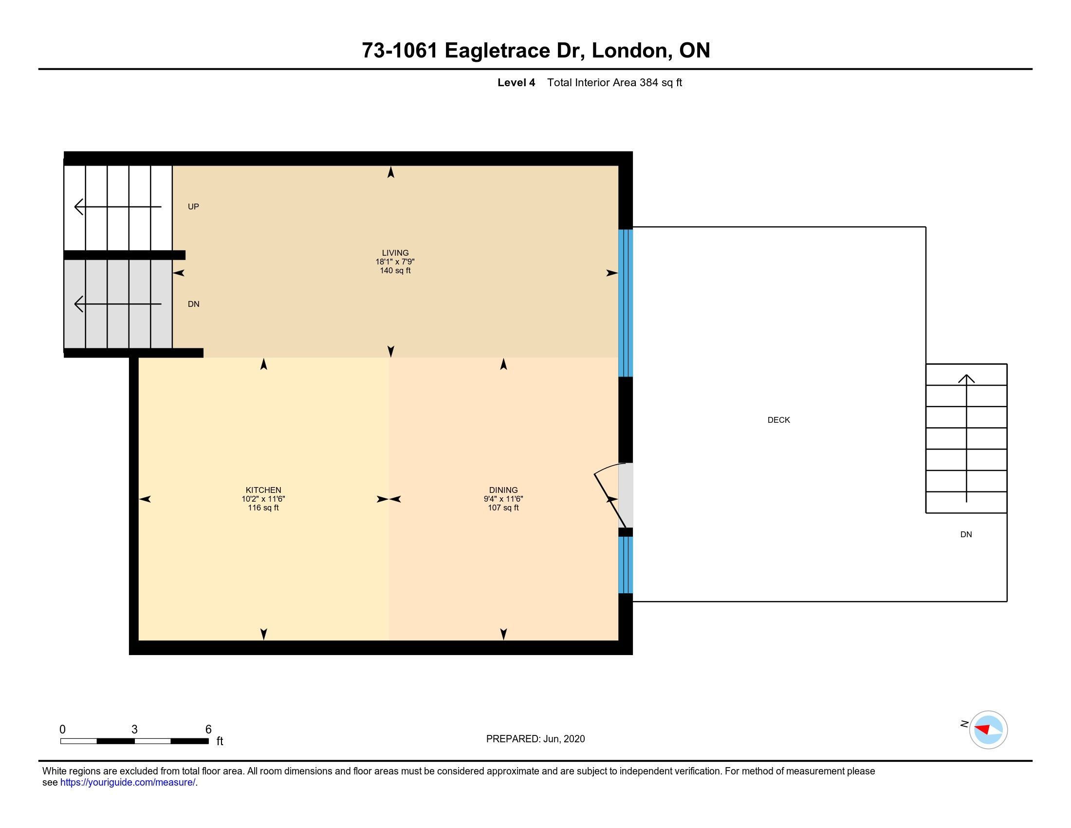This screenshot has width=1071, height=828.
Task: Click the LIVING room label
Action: (395, 253)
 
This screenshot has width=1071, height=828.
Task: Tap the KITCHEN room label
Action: (263, 490)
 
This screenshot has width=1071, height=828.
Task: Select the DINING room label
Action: (503, 490)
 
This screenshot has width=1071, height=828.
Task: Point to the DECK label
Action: (779, 420)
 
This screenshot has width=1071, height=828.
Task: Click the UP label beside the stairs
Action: (193, 207)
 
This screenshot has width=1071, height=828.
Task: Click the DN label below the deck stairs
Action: (966, 535)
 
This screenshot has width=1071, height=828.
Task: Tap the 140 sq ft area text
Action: (395, 271)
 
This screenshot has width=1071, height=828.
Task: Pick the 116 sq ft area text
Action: (263, 508)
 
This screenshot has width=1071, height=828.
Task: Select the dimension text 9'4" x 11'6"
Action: (503, 499)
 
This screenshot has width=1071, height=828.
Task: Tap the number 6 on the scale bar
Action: (208, 730)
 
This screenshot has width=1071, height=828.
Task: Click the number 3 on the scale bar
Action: (134, 730)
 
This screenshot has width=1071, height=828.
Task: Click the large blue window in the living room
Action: (625, 302)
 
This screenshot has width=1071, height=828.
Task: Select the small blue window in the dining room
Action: (625, 565)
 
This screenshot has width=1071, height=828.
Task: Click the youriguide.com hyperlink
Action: (128, 782)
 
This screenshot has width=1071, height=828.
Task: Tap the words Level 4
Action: (516, 82)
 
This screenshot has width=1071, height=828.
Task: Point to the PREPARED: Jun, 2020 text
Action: (535, 739)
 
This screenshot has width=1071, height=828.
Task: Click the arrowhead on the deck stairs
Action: (966, 378)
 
